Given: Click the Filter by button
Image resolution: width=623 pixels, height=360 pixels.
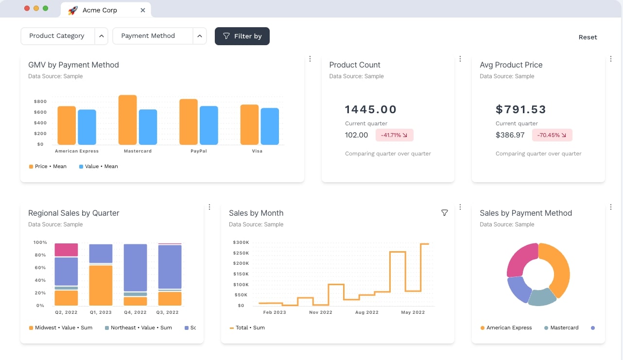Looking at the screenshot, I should [242, 36].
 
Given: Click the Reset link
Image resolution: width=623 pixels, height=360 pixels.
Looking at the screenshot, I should [588, 37].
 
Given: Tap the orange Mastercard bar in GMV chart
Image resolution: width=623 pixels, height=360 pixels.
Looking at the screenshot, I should [128, 120].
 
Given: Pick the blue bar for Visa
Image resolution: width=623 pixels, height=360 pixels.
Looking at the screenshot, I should [270, 126].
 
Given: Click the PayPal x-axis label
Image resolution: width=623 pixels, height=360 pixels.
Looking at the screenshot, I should [199, 151].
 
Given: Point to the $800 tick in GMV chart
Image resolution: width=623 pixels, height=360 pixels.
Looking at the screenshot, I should [40, 102].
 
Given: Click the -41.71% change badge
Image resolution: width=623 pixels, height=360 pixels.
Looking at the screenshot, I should [394, 135].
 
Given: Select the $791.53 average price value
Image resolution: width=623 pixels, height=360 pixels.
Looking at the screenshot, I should [521, 109].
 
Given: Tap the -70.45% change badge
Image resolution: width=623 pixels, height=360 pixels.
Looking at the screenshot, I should [552, 135].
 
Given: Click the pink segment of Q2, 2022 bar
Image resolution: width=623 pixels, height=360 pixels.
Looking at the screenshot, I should [66, 250].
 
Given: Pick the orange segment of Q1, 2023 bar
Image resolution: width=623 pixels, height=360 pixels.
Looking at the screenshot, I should [101, 285].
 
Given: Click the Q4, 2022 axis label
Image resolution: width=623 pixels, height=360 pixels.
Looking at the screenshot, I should [135, 312].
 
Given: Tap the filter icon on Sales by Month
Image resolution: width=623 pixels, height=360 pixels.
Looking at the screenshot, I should [444, 213].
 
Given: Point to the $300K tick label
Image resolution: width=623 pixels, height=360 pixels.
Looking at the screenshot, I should [241, 242].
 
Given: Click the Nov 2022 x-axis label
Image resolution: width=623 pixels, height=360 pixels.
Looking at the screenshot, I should [321, 312].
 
